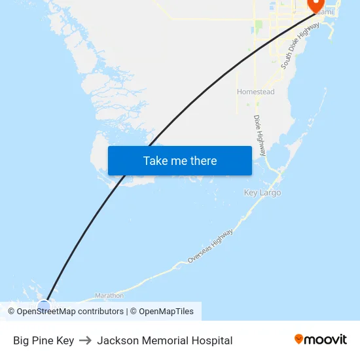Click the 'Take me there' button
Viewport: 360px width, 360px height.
click(179, 160)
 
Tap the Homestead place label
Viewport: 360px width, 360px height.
click(255, 92)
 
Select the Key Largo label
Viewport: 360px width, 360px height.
click(262, 192)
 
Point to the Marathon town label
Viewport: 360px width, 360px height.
click(109, 295)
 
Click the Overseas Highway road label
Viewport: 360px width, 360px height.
click(209, 247)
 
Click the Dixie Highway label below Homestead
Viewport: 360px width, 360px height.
click(259, 135)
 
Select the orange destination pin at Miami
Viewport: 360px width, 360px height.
click(317, 5)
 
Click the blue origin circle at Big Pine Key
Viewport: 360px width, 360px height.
click(44, 305)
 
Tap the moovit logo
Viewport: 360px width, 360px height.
click(320, 339)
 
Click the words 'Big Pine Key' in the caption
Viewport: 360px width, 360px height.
click(43, 340)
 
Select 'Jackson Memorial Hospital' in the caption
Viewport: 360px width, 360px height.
click(164, 340)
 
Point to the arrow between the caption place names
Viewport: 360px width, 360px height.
click(85, 340)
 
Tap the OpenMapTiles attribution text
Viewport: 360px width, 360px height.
click(166, 312)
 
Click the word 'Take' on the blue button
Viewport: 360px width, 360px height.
click(156, 160)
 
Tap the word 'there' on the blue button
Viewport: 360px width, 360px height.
click(202, 160)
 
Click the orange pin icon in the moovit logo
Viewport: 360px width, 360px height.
click(298, 339)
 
